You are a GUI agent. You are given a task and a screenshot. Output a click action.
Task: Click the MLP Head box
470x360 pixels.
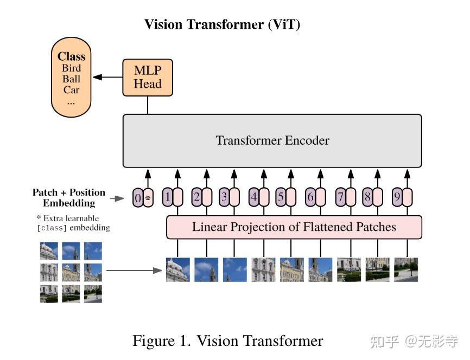point(148,78)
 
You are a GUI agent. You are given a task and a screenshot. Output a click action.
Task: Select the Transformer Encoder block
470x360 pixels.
point(272,140)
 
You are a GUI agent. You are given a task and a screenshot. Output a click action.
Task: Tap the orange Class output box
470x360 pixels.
point(71,78)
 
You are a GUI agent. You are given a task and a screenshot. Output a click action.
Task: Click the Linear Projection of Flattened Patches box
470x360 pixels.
point(294,227)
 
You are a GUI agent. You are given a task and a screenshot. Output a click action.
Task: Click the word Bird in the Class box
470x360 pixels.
point(71,68)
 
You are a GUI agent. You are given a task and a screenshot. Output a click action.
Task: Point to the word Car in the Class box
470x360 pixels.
point(71,90)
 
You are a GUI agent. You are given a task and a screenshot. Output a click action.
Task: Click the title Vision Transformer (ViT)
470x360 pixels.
point(222,24)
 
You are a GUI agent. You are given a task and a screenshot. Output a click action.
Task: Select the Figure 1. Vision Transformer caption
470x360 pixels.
point(228,340)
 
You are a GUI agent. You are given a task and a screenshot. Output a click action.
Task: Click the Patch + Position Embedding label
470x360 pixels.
point(69,198)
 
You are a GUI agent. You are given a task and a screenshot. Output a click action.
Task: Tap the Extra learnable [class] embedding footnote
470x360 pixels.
point(73,223)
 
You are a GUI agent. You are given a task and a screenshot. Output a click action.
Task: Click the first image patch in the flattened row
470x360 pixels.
point(178,269)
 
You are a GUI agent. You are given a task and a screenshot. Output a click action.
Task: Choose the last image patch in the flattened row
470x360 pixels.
point(406,269)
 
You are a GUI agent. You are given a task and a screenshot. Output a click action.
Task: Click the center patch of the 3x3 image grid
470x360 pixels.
point(71,272)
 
